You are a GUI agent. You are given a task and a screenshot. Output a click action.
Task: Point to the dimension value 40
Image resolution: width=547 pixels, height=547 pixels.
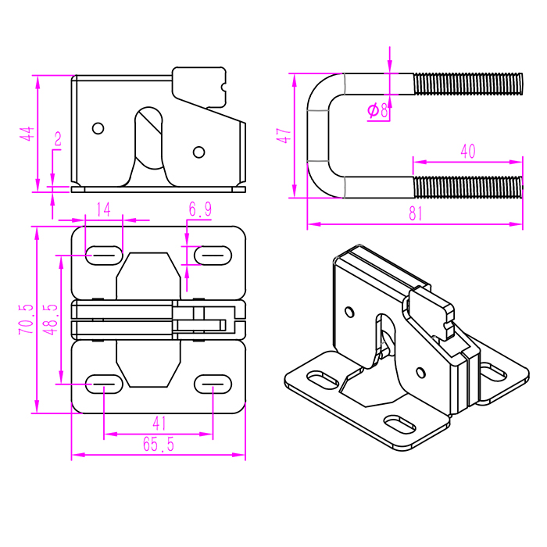click(467, 152)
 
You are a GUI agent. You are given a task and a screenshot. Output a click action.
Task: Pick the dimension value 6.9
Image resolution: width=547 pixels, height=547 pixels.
click(200, 209)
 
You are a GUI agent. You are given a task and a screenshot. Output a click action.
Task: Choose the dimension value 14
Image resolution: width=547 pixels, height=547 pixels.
click(104, 209)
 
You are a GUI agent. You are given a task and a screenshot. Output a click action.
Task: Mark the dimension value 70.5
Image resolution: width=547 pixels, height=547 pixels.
click(27, 320)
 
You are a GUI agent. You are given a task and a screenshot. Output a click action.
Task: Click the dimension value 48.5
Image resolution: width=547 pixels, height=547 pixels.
click(50, 320)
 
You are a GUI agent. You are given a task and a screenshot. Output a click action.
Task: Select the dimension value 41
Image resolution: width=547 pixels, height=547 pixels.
click(159, 423)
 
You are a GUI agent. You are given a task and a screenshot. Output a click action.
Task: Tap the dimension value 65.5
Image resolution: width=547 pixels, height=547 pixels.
click(158, 445)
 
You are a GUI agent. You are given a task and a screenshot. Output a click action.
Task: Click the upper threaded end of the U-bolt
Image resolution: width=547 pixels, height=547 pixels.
click(467, 84)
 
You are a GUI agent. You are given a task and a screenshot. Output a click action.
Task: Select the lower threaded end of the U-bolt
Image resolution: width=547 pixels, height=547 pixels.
click(467, 188)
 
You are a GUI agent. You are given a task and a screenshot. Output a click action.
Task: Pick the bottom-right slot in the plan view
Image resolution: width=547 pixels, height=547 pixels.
click(213, 383)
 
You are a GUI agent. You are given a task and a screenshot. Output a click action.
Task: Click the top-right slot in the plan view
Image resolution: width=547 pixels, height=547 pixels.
click(213, 254)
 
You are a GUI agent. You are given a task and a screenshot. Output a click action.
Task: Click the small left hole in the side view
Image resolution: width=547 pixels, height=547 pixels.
click(98, 127)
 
